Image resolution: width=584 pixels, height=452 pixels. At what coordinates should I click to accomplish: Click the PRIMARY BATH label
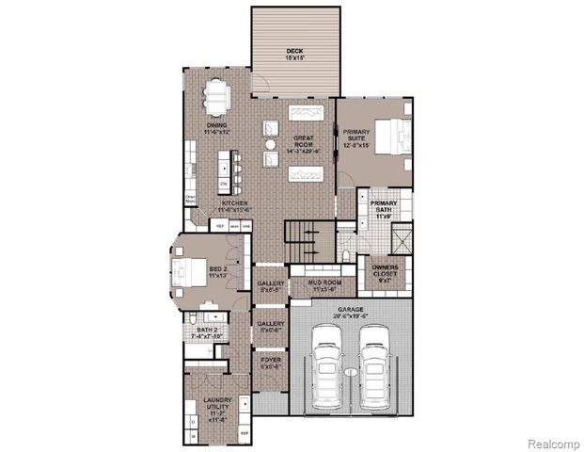tap(384, 208)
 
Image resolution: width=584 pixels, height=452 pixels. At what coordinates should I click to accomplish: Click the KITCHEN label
tap(234, 206)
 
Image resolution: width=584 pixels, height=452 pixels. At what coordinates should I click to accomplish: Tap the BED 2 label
tap(217, 272)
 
